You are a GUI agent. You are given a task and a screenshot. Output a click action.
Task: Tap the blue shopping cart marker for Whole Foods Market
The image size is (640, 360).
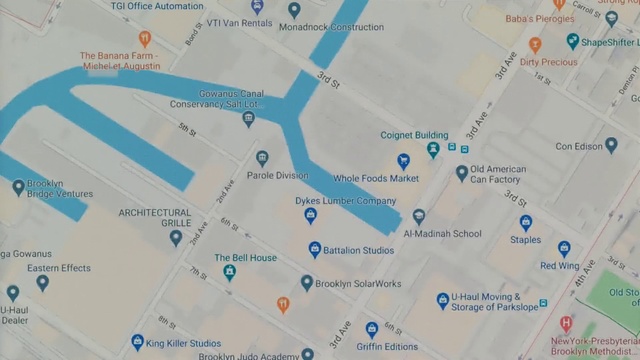[403, 160]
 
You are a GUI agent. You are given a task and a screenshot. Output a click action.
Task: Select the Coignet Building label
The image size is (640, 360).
[414, 135]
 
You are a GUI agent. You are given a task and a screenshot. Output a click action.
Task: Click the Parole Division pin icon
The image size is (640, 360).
[262, 158]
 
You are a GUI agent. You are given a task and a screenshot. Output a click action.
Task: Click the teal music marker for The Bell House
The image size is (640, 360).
[229, 272]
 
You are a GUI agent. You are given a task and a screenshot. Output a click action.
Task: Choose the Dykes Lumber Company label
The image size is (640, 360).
[339, 201]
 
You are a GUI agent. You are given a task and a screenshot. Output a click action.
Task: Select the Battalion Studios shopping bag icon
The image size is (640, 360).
[315, 249]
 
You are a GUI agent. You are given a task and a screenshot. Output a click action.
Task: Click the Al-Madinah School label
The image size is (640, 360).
[442, 234]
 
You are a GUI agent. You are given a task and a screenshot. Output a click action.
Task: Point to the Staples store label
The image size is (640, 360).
[525, 240]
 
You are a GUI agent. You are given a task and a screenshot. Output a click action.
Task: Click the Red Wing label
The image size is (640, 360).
[560, 266]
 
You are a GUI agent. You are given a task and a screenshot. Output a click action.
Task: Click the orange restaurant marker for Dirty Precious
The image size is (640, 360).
[535, 45]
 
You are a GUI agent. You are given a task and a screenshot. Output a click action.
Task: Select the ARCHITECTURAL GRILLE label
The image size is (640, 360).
[154, 218]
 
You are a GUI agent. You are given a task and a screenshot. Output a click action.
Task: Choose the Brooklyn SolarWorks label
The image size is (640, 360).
[358, 284]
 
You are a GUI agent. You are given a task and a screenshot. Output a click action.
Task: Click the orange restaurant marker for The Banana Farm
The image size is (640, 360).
[144, 39]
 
